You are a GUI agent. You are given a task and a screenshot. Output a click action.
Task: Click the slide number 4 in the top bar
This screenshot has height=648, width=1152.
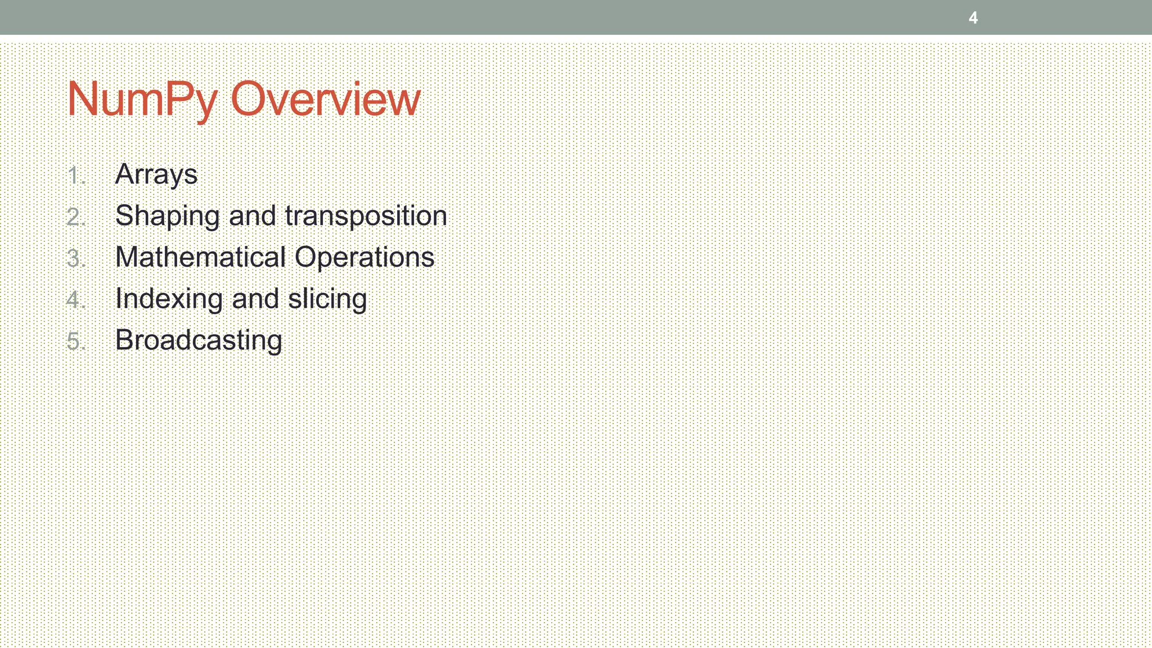pyautogui.click(x=973, y=18)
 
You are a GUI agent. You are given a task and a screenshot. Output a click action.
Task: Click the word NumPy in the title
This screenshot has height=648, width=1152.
pyautogui.click(x=142, y=99)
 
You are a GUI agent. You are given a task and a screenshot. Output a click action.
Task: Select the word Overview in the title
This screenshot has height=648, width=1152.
pyautogui.click(x=325, y=99)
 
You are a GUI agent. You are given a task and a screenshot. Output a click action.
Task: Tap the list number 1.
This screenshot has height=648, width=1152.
pyautogui.click(x=75, y=175)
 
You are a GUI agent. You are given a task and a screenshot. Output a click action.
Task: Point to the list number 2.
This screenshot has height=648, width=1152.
pyautogui.click(x=75, y=217)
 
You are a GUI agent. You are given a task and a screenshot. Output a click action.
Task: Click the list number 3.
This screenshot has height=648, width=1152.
pyautogui.click(x=75, y=259)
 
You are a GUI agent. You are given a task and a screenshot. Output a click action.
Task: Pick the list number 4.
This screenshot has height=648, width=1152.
pyautogui.click(x=75, y=300)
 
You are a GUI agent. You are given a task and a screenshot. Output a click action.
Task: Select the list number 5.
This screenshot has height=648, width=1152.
pyautogui.click(x=75, y=341)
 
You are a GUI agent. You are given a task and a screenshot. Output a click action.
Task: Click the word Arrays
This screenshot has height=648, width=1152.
pyautogui.click(x=156, y=174)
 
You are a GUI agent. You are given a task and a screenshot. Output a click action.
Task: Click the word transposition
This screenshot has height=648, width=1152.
pyautogui.click(x=366, y=217)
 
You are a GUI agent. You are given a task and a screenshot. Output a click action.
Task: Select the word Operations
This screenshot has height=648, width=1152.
pyautogui.click(x=364, y=258)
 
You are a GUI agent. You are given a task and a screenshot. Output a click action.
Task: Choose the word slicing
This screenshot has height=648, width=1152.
pyautogui.click(x=327, y=299)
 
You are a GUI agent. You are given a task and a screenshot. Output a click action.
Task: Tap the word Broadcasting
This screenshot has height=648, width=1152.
pyautogui.click(x=199, y=341)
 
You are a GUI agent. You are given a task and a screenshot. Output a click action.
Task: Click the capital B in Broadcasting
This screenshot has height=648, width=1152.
pyautogui.click(x=124, y=340)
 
